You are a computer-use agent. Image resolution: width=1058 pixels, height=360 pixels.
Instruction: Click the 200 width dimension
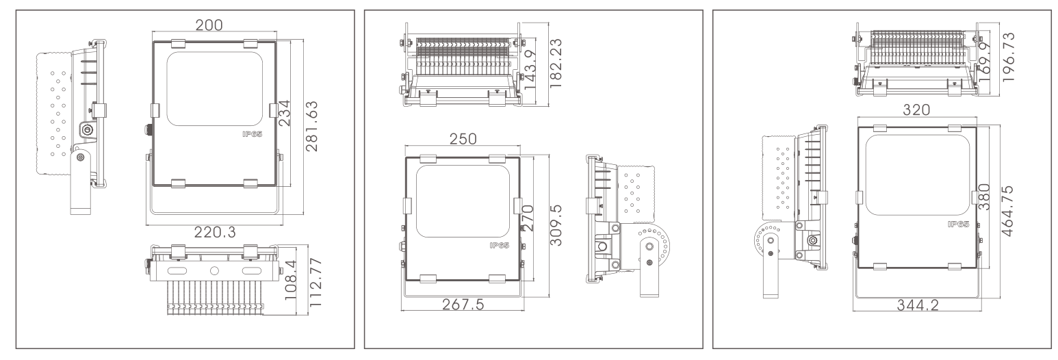coord(209,25)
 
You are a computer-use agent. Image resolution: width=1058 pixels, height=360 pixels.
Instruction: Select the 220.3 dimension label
coord(215,232)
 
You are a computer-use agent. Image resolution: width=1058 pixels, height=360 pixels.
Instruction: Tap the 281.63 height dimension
coord(311,126)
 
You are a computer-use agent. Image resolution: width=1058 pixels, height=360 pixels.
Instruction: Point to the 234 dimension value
coord(283,113)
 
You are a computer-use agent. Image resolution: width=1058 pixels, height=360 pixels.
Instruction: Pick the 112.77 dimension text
coord(315,282)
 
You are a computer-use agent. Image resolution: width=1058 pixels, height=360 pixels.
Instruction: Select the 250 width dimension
coord(463,139)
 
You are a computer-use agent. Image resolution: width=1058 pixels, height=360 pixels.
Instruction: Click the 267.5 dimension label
coord(463,305)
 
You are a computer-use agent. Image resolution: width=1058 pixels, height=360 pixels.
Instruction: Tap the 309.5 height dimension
coord(556,225)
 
